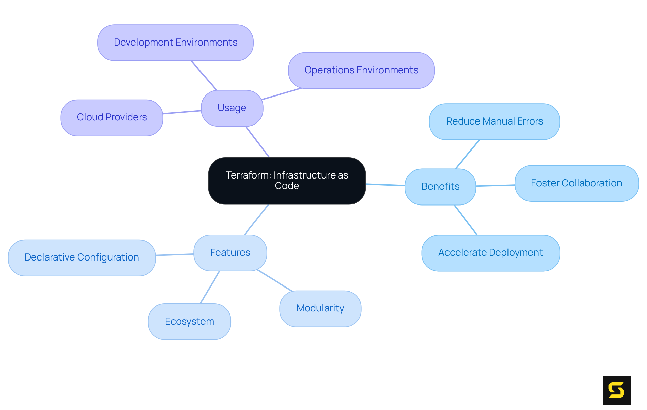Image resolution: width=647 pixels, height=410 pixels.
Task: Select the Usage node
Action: click(232, 108)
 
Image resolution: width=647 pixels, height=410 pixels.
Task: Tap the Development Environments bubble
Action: click(175, 43)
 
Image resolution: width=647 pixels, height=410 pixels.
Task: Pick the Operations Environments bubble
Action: click(361, 70)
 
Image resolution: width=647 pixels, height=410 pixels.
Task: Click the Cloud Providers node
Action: click(112, 117)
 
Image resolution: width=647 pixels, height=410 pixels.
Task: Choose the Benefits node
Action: click(440, 187)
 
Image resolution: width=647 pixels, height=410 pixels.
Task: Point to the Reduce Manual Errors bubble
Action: click(494, 121)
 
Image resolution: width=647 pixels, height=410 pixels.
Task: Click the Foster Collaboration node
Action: click(576, 183)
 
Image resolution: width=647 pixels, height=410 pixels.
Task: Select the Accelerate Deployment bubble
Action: click(490, 253)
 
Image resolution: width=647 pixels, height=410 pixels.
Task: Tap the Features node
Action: click(230, 253)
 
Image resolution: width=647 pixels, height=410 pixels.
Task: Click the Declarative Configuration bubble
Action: click(82, 257)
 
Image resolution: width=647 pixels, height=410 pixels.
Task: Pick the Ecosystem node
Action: click(189, 322)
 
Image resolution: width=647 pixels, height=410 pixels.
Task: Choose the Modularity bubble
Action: click(320, 308)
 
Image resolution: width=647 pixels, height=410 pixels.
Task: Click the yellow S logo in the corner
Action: click(616, 390)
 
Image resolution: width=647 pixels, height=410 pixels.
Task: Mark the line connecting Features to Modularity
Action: click(274, 280)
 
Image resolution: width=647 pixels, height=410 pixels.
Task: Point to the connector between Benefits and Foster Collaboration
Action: click(495, 185)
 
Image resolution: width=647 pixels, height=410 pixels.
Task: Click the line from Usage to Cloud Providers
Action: click(182, 112)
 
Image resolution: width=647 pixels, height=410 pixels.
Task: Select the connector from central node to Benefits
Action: click(385, 185)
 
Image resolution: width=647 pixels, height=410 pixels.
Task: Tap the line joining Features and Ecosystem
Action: click(210, 287)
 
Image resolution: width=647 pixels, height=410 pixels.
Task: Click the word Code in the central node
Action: click(287, 186)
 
